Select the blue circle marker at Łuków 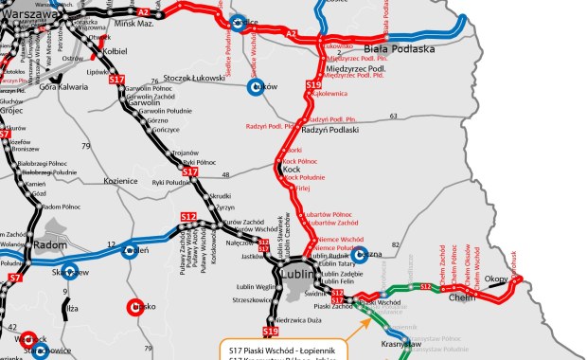coord(254,87)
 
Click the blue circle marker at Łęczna coord(359,255)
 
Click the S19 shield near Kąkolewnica coord(314,86)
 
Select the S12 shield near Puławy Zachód coord(188,218)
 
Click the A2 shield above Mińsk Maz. coord(143,10)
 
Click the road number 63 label coord(393,117)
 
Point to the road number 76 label coord(154,82)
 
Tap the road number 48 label coord(225,174)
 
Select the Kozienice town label coord(120,180)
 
